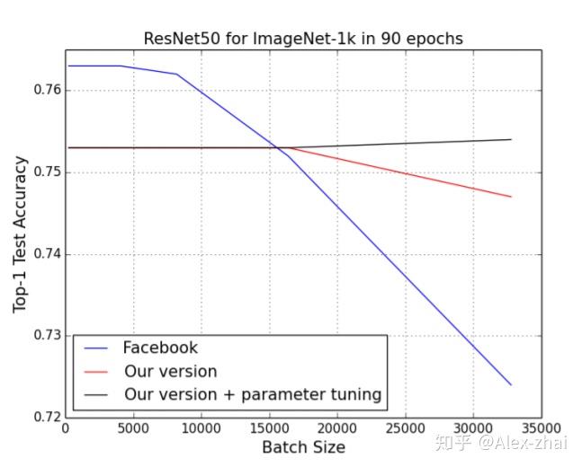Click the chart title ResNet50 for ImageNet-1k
coord(303,38)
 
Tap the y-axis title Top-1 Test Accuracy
coord(21,234)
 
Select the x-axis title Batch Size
coord(303,447)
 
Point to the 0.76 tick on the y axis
coord(44,90)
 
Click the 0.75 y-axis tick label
coord(44,172)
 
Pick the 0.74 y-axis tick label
coord(44,254)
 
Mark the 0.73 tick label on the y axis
coord(44,336)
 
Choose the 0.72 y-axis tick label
coord(44,418)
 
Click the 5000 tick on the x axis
coord(132,429)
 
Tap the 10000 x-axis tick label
coord(201,429)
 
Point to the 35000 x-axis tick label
coord(541,429)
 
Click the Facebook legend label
coord(160,348)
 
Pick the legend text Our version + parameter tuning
coord(252,394)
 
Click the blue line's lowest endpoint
coord(511,384)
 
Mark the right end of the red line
coord(511,197)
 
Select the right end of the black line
coord(511,139)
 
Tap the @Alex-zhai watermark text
coord(525,443)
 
